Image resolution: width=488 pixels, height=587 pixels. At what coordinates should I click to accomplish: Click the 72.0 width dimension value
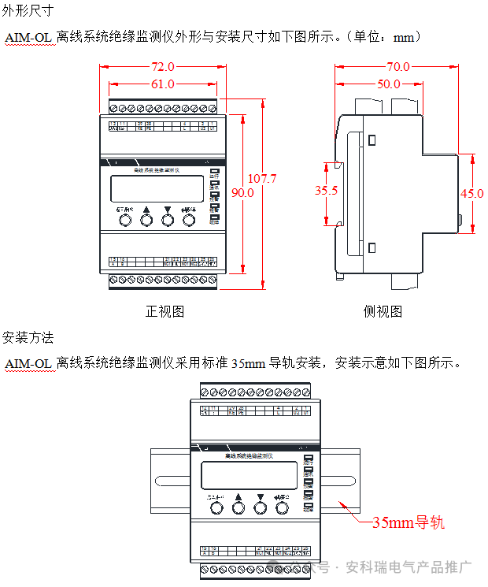pos(161,67)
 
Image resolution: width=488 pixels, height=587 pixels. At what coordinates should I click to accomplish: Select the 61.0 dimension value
pos(161,84)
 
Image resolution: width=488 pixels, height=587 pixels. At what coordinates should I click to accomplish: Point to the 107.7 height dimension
pos(262,179)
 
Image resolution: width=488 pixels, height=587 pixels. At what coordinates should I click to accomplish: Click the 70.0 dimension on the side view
pos(398,67)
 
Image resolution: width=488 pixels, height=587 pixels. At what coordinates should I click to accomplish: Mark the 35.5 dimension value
pos(327,191)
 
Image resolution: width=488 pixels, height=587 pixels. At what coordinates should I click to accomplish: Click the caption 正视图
pos(165,311)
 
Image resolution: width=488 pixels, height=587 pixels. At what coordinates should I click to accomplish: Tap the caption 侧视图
pos(383,311)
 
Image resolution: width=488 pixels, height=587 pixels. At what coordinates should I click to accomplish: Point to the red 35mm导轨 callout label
pos(409,522)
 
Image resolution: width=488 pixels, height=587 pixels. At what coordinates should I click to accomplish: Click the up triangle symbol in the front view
pos(146,210)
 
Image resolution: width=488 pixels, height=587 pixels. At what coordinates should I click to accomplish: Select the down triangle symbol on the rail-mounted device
pos(261,498)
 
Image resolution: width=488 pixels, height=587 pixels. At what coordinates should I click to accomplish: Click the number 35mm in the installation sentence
pos(249,363)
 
